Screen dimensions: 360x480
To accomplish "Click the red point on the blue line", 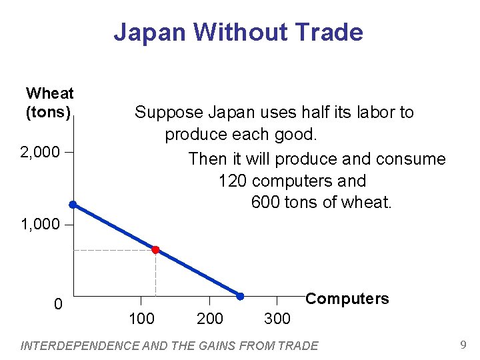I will pos(155,250).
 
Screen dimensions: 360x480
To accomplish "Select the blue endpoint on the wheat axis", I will pos(73,205).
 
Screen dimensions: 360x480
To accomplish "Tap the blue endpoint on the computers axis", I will pos(240,295).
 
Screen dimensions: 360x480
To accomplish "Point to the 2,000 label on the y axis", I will pos(40,153).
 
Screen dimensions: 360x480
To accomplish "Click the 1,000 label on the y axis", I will pos(40,225).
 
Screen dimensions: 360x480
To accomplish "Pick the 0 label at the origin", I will pos(58,305).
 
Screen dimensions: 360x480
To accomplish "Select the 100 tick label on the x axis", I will pos(141,319).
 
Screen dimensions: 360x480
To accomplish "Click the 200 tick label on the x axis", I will pos(210,319).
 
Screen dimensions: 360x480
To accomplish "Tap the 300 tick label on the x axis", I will pos(277,319).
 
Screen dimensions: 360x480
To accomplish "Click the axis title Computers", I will pos(347,299).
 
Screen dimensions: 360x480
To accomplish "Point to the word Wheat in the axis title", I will pos(49,93).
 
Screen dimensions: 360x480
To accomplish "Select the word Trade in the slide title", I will pos(331,32).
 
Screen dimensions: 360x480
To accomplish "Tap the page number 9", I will pos(463,345).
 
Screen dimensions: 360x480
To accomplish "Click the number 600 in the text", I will pos(265,202).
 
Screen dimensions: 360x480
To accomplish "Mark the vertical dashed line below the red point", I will pos(155,273).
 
